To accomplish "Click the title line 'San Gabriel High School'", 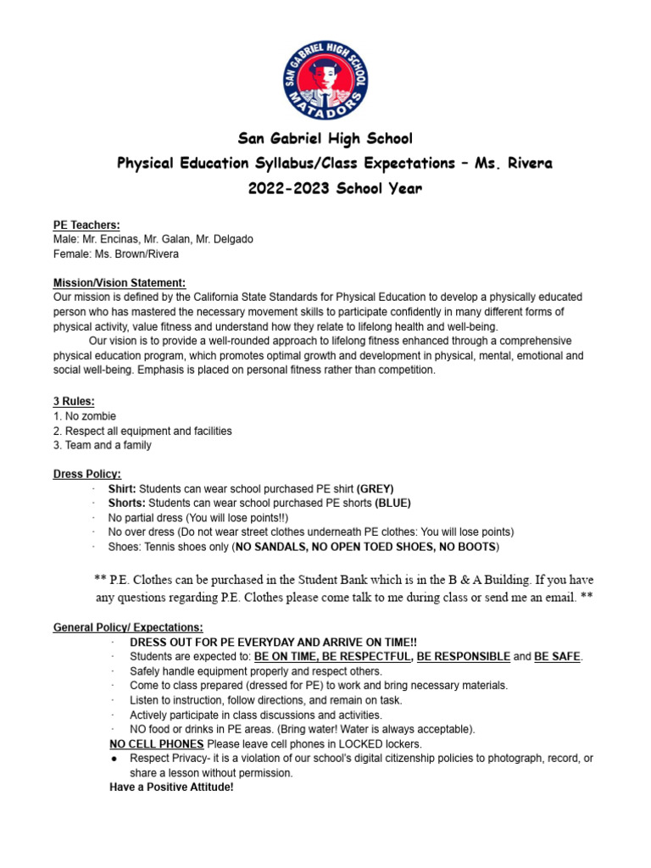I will (325, 138).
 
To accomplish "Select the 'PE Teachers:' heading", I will (86, 225).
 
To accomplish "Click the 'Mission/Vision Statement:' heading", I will (119, 282).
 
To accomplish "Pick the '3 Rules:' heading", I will (73, 401).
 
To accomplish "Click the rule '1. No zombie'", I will (84, 416).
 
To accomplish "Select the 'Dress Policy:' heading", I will (86, 474).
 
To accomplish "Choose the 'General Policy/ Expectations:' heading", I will (128, 627).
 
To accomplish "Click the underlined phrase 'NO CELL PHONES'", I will (157, 744).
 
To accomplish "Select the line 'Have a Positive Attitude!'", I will (171, 787).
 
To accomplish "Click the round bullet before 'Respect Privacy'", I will (114, 759).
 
